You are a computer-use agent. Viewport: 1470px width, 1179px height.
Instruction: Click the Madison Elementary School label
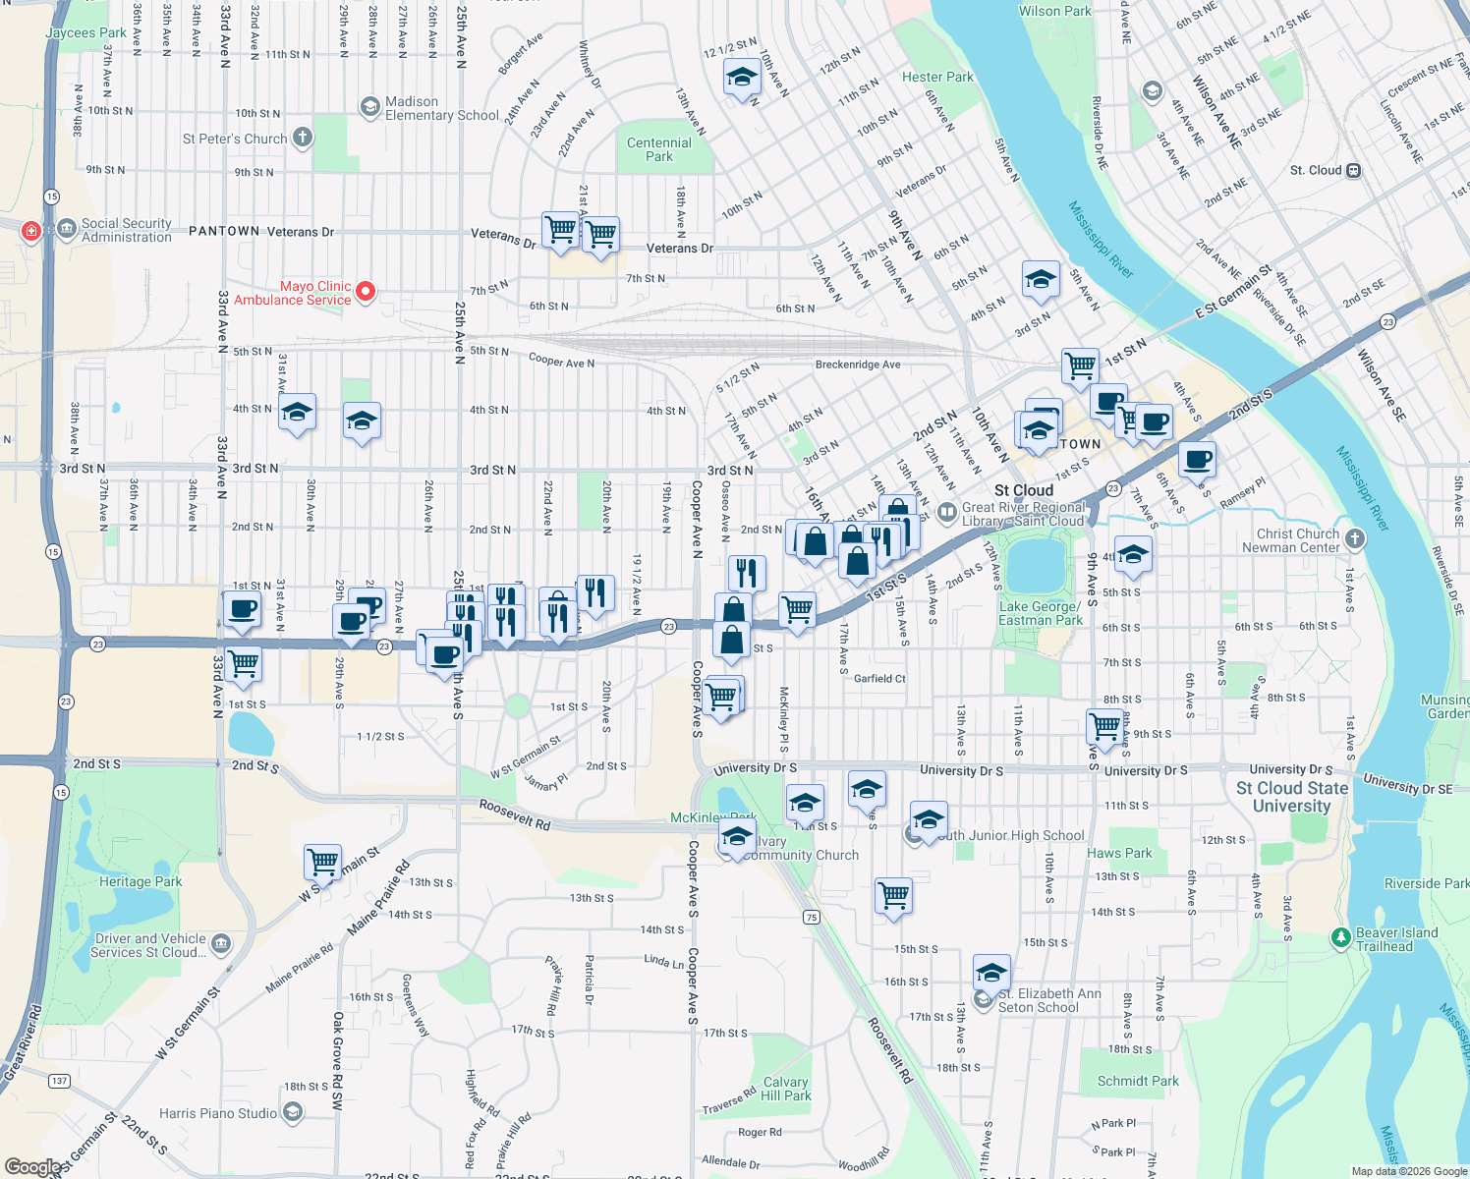pos(442,108)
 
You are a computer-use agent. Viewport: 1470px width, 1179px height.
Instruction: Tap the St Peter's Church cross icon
pos(303,138)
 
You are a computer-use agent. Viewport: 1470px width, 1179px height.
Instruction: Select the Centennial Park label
pos(659,149)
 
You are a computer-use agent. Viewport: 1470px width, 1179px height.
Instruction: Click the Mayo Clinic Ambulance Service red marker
pos(366,291)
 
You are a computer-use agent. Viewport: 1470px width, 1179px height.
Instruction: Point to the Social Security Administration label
pos(127,230)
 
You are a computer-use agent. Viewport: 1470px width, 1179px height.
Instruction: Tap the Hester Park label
pos(937,77)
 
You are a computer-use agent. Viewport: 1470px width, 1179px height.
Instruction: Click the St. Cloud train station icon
pos(1353,170)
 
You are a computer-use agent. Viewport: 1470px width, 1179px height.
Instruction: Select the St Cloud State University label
pos(1292,797)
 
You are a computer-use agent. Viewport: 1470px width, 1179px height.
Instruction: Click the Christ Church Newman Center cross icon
pos(1355,538)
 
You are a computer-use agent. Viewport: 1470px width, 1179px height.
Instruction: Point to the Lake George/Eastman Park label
pos(1041,613)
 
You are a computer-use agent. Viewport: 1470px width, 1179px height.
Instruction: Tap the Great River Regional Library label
pos(1023,514)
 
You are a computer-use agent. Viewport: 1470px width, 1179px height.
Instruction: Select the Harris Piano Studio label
pos(218,1113)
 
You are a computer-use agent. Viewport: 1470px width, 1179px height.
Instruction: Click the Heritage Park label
pos(141,881)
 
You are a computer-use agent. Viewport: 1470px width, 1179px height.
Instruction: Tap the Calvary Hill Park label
pos(786,1089)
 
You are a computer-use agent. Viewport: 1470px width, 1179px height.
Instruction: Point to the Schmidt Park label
pos(1138,1081)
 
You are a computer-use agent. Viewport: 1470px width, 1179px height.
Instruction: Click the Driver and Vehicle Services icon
pos(221,944)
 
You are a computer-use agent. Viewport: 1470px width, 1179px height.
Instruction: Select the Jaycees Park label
pos(85,32)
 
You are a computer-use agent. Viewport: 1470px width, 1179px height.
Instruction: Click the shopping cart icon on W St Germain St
pos(322,862)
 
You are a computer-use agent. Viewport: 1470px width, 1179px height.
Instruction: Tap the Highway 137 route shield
pos(60,1081)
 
